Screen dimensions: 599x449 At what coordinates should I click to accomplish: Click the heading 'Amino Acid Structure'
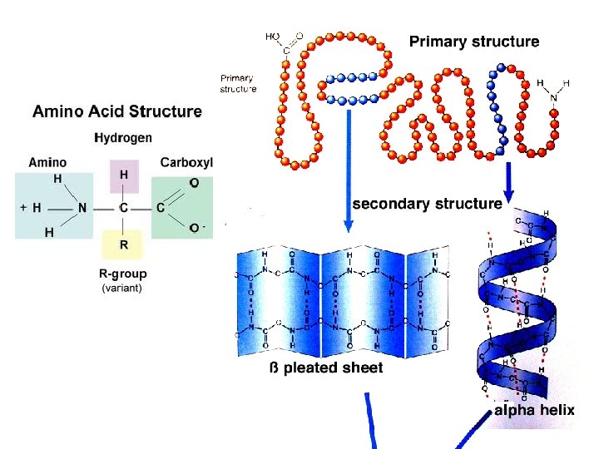click(x=116, y=111)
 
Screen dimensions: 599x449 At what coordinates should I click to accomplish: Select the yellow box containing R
click(x=124, y=245)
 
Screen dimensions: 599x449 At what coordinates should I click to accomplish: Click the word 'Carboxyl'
click(x=186, y=162)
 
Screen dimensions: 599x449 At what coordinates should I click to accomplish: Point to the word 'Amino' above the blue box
click(x=47, y=162)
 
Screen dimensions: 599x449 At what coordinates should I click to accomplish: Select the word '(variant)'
click(x=121, y=288)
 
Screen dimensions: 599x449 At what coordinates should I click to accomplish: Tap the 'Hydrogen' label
click(x=123, y=138)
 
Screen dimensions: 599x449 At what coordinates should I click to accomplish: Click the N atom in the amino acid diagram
click(x=82, y=208)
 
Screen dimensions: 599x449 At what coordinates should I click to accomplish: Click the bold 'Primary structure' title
click(x=474, y=42)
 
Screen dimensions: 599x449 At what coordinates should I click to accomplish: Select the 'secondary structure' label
click(x=427, y=203)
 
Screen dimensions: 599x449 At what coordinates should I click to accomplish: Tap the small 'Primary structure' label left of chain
click(x=237, y=83)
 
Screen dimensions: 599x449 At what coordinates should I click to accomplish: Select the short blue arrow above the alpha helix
click(x=507, y=177)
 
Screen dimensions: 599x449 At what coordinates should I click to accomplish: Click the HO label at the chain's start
click(x=272, y=37)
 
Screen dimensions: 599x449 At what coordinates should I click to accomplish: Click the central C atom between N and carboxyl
click(x=124, y=208)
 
